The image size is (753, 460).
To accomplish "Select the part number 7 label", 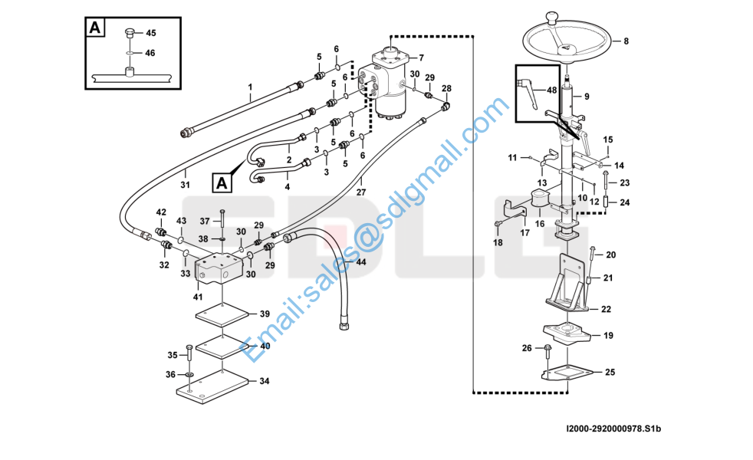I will point(421,58).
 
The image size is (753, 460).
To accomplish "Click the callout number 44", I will point(360,262).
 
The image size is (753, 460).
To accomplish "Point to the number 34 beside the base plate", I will point(264,381).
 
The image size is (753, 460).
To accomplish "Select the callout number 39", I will point(264,314).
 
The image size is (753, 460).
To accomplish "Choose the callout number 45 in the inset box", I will point(150,33).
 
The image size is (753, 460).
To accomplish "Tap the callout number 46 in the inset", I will point(150,53).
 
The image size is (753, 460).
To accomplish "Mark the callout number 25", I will point(610,373).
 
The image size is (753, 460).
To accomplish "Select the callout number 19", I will point(608,336).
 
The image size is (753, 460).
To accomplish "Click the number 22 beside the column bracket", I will point(606,309).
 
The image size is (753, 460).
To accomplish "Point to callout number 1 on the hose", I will point(250,87).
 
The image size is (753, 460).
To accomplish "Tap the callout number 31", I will point(185,184).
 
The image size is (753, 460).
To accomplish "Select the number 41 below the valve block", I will point(198,297).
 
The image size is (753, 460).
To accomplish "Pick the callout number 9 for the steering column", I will point(587,97).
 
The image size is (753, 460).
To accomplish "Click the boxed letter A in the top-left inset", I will point(94,28).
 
